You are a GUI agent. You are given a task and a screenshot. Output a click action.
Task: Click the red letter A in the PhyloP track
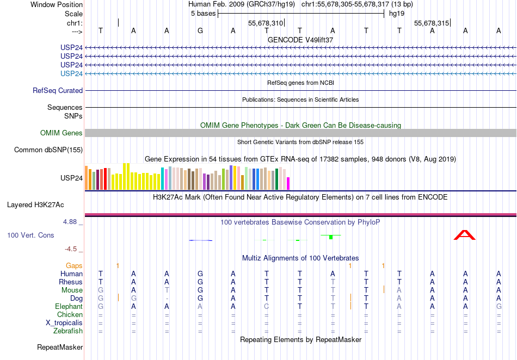tap(465, 235)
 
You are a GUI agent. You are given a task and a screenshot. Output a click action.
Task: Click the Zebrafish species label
tap(67, 331)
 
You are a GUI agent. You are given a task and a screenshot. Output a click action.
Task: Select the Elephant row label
tap(69, 307)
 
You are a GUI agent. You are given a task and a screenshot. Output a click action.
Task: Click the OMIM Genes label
tap(61, 133)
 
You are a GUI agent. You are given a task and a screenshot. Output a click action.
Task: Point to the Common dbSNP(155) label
tap(48, 150)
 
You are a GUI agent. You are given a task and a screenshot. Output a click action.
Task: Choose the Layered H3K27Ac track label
tap(35, 205)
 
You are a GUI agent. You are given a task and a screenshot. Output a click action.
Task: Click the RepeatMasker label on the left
tap(60, 347)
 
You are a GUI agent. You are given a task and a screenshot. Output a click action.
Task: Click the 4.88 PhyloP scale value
tap(71, 222)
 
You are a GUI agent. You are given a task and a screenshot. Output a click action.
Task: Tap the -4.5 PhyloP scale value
tap(71, 249)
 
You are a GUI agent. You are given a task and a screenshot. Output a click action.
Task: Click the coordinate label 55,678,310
tap(266, 23)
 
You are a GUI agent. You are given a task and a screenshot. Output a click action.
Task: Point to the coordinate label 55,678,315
tap(432, 23)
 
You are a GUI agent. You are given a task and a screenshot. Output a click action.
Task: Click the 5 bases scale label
tap(202, 14)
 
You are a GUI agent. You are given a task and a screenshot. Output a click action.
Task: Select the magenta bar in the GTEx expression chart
tap(288, 183)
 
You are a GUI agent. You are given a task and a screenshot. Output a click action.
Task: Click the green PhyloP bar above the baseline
tap(330, 237)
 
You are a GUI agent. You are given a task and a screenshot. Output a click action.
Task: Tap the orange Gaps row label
tap(74, 265)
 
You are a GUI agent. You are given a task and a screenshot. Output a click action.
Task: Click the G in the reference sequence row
tap(200, 30)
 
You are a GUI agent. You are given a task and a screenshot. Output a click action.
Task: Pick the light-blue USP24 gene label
tap(72, 73)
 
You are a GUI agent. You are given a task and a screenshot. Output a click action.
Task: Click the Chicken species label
tap(70, 315)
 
